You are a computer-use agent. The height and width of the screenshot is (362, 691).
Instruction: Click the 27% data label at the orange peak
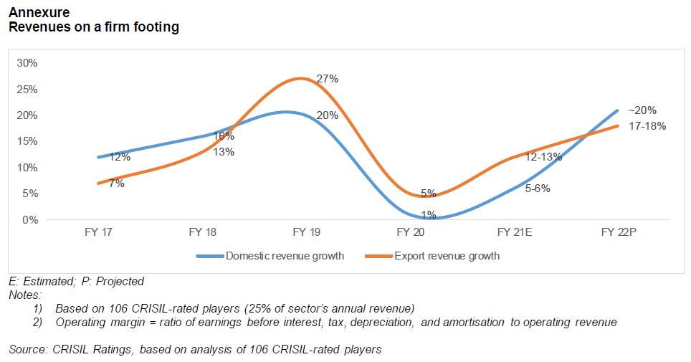tap(327, 80)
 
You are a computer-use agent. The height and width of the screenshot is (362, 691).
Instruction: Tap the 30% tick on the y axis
tap(28, 63)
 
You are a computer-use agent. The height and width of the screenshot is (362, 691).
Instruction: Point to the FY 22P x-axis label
tap(618, 233)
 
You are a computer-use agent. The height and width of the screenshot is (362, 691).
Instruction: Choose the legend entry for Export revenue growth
tap(447, 256)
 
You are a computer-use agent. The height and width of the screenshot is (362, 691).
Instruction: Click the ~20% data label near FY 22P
tap(642, 111)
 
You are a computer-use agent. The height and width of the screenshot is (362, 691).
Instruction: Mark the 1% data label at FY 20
tap(429, 214)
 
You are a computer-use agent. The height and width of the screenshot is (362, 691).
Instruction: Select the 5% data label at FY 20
tap(429, 193)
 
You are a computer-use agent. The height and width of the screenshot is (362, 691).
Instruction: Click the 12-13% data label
tap(543, 157)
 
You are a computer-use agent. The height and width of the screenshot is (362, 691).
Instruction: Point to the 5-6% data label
tap(537, 189)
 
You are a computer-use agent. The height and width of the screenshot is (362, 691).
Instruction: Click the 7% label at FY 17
tap(116, 184)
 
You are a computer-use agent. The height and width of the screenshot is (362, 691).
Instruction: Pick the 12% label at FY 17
tap(120, 157)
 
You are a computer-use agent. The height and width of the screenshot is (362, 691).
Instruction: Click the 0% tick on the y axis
tap(31, 220)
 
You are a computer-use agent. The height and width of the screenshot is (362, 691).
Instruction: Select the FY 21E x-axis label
tap(514, 233)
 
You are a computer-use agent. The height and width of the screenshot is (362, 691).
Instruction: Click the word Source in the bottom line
tap(26, 350)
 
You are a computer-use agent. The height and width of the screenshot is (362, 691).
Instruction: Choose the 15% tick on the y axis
tap(28, 141)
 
